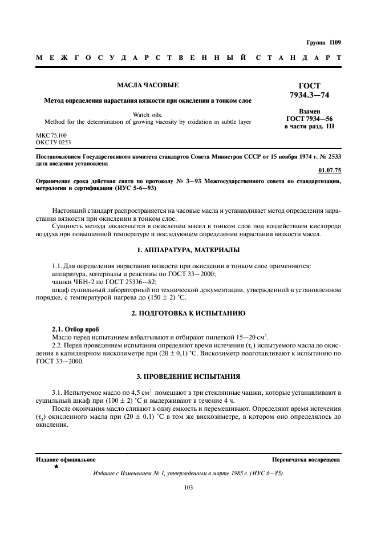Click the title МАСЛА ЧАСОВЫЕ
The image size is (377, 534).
148,86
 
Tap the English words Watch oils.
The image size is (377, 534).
148,115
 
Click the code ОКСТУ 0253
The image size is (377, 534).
54,142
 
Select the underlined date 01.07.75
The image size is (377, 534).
330,169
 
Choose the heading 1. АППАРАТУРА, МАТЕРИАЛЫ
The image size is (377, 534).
188,250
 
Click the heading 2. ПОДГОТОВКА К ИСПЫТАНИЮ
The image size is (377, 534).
188,313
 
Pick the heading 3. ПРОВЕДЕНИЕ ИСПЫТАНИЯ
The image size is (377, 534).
188,377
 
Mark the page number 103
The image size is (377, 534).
188,487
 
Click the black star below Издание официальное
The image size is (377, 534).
56,467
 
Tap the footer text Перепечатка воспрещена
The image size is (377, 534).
306,459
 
